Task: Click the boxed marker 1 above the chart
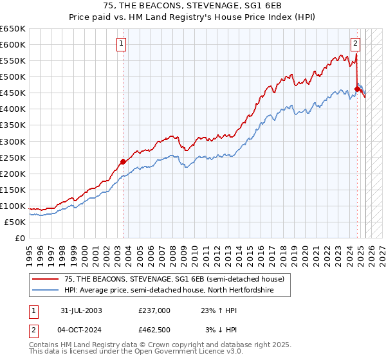coord(122,44)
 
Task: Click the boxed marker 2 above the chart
coord(355,44)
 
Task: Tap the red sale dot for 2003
coord(124,161)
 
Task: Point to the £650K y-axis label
coord(13,29)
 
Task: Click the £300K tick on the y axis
coord(13,141)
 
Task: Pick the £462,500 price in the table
coord(154,330)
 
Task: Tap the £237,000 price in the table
coord(154,310)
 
